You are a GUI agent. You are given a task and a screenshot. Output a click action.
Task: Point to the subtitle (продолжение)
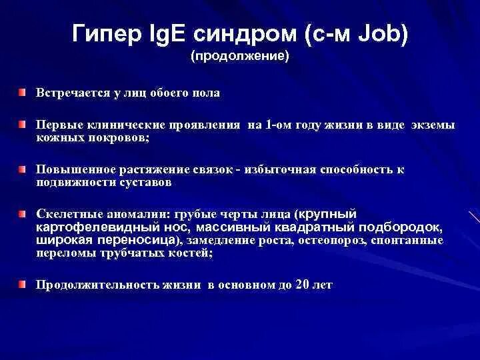click(x=240, y=57)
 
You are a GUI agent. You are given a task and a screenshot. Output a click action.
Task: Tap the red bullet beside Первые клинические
click(x=23, y=124)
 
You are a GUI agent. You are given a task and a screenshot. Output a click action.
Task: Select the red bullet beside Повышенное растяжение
click(x=23, y=169)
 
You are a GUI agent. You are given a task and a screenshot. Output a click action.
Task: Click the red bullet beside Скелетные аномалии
click(x=23, y=214)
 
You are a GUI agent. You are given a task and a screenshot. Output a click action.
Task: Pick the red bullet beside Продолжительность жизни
click(x=23, y=285)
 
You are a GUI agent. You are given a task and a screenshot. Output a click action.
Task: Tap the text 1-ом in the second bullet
click(x=279, y=125)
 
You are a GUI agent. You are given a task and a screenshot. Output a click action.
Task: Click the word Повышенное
click(x=75, y=169)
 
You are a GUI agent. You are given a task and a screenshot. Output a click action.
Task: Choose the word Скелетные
click(x=65, y=214)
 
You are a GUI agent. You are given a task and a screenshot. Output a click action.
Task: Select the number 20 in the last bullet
click(x=302, y=285)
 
